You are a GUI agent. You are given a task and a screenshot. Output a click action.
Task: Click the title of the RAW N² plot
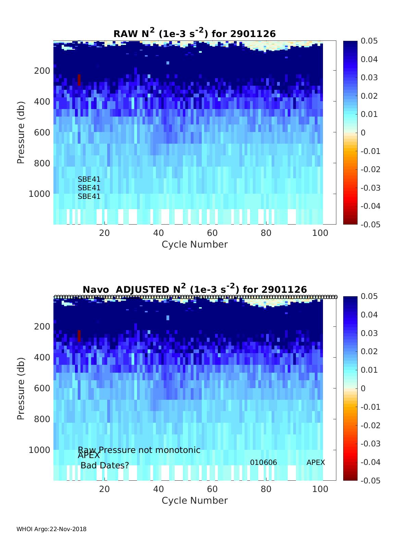[x=194, y=33]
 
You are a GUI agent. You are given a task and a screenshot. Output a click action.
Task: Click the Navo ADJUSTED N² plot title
[x=194, y=289]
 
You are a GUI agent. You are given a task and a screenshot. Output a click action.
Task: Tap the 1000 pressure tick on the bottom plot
[x=39, y=450]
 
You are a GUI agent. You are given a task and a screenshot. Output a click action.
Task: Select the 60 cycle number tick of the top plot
[x=212, y=233]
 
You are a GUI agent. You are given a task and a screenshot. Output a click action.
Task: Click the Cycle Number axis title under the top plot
[x=194, y=244]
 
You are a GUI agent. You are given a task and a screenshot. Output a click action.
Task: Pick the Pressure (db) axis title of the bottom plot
[x=21, y=388]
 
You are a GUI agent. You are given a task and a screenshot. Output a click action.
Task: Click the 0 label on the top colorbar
[x=363, y=133]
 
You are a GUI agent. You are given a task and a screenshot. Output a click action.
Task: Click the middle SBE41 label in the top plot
[x=89, y=188]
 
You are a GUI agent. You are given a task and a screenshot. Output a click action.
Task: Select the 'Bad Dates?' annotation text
[x=105, y=466]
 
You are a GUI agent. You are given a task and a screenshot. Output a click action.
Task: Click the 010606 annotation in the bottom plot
[x=263, y=463]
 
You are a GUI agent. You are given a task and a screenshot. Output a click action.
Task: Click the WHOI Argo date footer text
[x=51, y=529]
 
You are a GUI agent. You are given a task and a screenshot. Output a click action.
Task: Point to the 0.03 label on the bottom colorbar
[x=369, y=334]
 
